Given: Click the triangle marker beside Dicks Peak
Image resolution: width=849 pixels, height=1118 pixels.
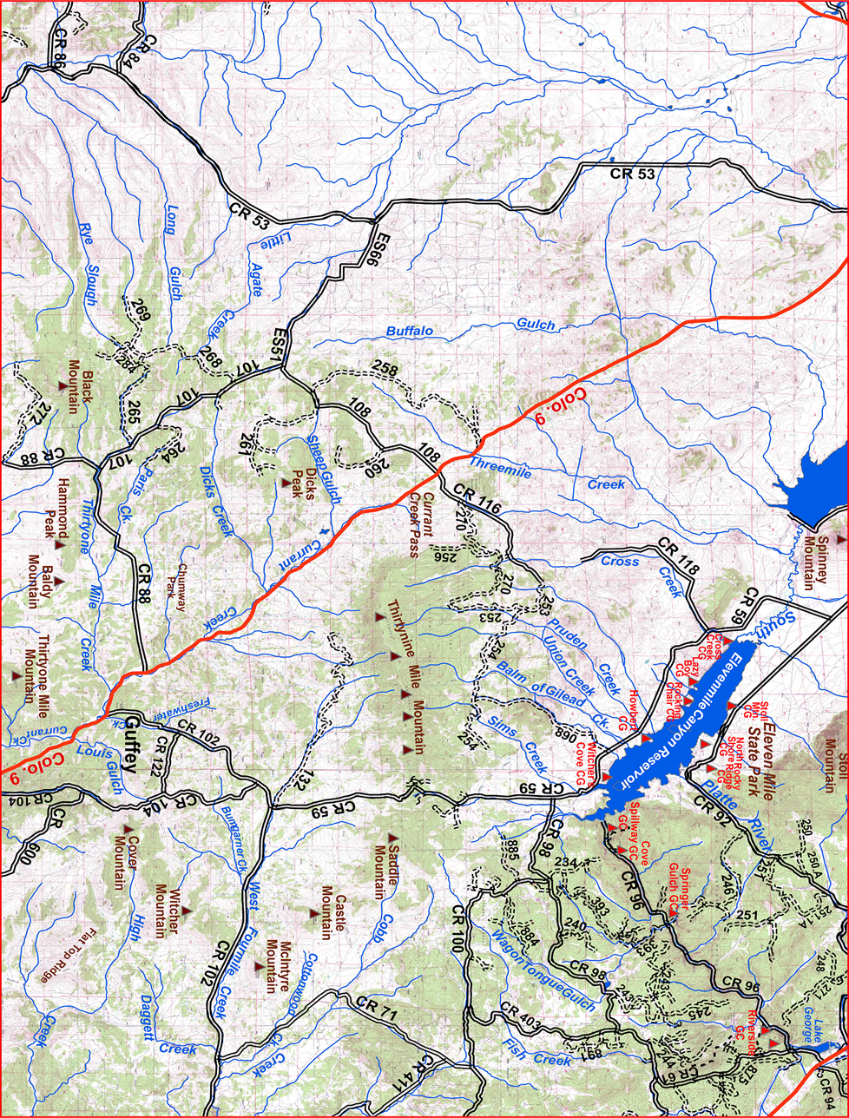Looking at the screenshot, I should pos(286,483).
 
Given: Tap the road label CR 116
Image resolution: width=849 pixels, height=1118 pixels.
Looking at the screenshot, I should pos(477,502).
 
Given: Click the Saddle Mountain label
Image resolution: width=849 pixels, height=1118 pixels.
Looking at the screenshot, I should pos(385,870).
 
